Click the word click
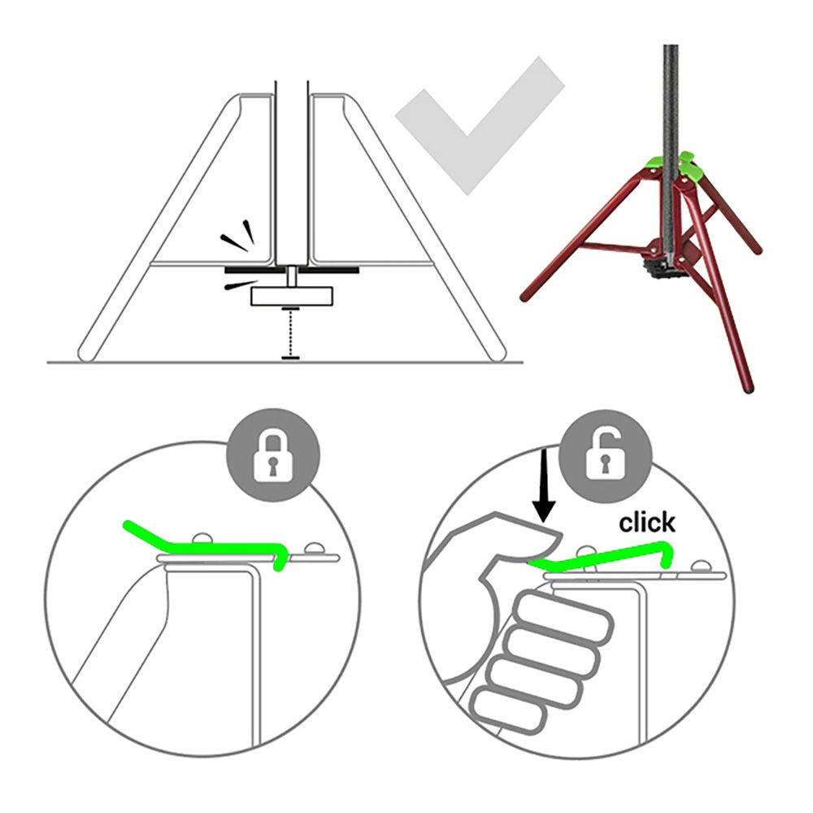pos(647,523)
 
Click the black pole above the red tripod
pos(671,104)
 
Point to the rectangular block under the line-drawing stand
pos(292,296)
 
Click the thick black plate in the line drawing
pos(292,270)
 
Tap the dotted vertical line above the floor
pos(291,333)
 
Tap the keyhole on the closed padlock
pos(272,465)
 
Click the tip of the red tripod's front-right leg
pos(749,387)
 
